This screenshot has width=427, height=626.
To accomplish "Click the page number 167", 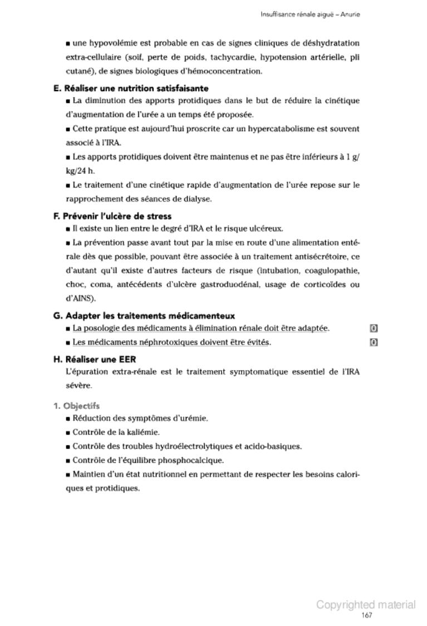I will pos(366,615).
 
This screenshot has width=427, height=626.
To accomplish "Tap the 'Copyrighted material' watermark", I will pos(366,605).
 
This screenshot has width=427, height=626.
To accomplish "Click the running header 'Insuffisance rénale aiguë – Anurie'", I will pos(310,14).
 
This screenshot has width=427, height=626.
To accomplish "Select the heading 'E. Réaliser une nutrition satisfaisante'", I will pos(131,88).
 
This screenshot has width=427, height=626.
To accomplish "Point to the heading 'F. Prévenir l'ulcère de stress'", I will pos(112,216).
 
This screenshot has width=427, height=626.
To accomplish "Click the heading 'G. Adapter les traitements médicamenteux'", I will pos(144,316).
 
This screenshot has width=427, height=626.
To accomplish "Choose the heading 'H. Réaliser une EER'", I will pos(94,359).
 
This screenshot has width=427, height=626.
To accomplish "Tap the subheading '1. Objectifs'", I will pos(76,406).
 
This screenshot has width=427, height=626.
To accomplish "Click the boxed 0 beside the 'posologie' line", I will pos(374,329).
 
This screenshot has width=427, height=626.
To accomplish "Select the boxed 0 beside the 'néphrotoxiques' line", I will pos(374,342).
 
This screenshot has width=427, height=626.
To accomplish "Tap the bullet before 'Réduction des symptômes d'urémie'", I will pos(67,418).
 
